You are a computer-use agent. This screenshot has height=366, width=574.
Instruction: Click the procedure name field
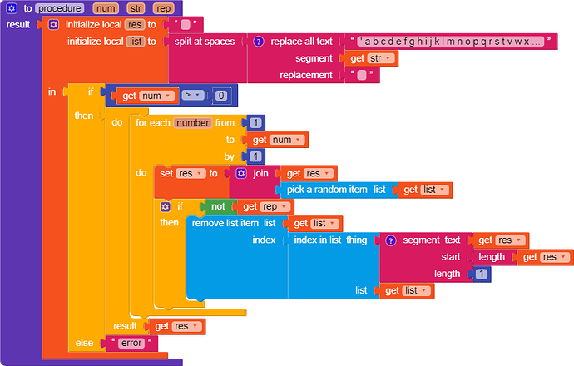(x=60, y=8)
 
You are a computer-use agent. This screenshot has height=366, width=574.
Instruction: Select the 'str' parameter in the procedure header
(x=136, y=8)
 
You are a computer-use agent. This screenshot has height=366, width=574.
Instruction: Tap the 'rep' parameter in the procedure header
(x=163, y=8)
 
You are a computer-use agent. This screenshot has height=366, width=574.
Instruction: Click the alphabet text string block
(x=451, y=42)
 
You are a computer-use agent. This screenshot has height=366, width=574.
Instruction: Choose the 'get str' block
(x=371, y=58)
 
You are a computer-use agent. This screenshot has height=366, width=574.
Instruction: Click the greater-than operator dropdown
(x=192, y=96)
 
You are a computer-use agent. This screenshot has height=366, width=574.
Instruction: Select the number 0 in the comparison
(x=220, y=96)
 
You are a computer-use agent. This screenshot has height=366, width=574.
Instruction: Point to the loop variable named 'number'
(x=193, y=123)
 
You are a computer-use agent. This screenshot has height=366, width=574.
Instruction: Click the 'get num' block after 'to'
(x=278, y=140)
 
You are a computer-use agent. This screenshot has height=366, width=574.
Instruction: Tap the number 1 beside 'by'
(x=255, y=156)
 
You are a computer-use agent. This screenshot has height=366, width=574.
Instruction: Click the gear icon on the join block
(x=241, y=173)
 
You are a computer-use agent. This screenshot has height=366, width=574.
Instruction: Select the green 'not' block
(x=218, y=206)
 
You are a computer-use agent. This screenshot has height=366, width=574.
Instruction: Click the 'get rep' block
(x=265, y=207)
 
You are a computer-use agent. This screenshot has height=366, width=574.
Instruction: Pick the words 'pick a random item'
(x=327, y=190)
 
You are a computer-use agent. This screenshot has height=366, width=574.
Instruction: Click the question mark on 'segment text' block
(x=391, y=240)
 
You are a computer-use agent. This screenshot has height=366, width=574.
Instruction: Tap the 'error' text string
(x=131, y=343)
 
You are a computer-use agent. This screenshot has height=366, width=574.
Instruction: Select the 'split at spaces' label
(x=205, y=42)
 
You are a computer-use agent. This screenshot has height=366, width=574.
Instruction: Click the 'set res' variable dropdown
(x=191, y=173)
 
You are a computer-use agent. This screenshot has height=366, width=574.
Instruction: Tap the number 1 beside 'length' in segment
(x=482, y=274)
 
